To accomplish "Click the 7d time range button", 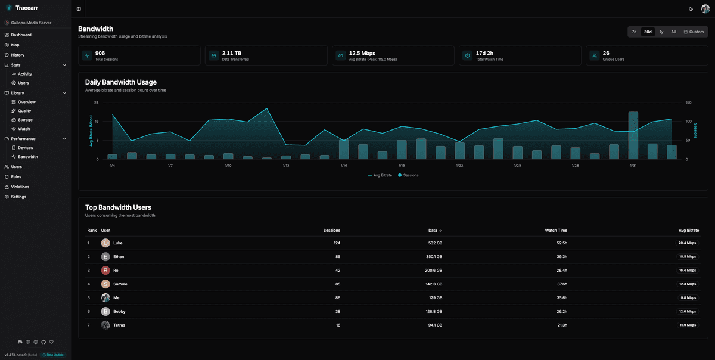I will click(634, 32).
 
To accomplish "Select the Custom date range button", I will click(694, 32).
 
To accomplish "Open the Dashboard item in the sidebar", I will click(21, 35).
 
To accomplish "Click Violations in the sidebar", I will click(20, 187).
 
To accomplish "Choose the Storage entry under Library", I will click(25, 120).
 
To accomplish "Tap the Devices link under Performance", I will click(25, 148).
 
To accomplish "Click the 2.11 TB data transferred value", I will click(231, 53).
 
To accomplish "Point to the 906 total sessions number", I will click(100, 53).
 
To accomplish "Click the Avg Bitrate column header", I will click(688, 230).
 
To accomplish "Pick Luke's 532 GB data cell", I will click(435, 243).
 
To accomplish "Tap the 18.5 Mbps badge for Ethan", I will click(686, 257).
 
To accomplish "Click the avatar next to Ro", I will click(105, 271).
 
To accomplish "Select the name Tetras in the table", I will click(119, 325).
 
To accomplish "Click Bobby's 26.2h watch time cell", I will click(561, 311).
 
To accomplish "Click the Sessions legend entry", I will click(408, 175).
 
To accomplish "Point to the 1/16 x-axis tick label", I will click(344, 165).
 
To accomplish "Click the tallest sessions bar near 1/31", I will click(633, 135).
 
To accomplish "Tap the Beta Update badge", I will click(52, 355).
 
